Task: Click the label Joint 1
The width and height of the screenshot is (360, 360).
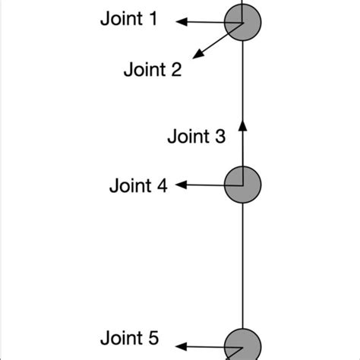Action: tap(129, 19)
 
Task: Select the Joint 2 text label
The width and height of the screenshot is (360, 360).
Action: tap(153, 71)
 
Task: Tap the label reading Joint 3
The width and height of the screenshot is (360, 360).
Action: tap(196, 137)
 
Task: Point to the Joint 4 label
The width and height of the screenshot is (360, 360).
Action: tap(138, 185)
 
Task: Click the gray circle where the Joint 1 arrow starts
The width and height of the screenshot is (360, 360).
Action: tap(242, 22)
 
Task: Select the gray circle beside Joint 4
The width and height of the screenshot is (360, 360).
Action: tap(242, 185)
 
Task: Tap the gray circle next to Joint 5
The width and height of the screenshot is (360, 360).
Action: tap(242, 347)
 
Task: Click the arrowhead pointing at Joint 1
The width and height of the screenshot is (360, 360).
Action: tap(182, 22)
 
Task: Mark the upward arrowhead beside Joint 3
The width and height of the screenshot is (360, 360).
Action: tap(242, 125)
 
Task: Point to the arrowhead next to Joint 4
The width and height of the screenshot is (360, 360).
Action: tap(182, 185)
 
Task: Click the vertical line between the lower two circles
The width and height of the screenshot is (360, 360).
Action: tap(242, 266)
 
